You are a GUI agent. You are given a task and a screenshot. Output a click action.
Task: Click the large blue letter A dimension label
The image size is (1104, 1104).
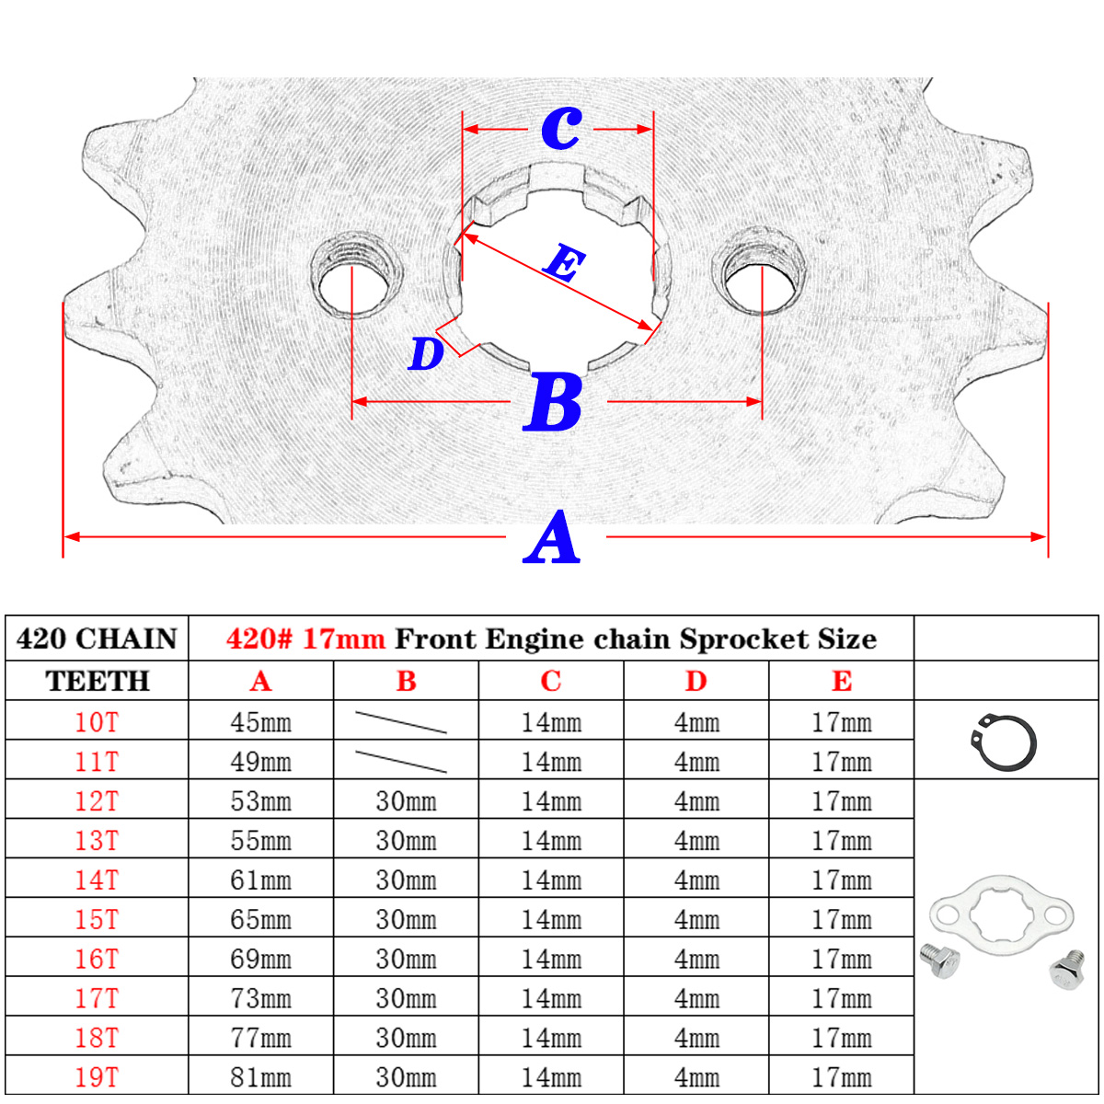[553, 539]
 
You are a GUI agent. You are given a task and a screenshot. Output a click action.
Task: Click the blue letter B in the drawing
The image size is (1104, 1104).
[554, 403]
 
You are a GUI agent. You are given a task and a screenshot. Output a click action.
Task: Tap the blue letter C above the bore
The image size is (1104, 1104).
[560, 127]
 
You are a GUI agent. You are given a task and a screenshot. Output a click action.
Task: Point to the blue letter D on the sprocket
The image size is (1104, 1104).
[426, 354]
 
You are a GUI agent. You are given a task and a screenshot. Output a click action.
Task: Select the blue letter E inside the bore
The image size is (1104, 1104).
[563, 264]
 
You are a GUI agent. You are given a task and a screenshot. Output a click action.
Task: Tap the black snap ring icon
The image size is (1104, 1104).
[1004, 742]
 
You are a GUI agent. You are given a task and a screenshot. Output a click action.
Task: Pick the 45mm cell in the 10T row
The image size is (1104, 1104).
[260, 722]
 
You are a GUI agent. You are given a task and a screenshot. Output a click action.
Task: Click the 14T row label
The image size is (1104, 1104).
[97, 880]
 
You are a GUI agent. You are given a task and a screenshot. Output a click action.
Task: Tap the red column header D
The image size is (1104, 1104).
[696, 682]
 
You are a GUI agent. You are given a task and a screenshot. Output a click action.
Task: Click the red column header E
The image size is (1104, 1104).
[841, 682]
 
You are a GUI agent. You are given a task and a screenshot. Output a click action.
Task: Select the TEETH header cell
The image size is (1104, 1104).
[97, 682]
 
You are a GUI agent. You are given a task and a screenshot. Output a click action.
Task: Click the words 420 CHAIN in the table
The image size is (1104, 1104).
[97, 639]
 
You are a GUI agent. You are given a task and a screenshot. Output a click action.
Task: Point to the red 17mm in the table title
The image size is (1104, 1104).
[343, 639]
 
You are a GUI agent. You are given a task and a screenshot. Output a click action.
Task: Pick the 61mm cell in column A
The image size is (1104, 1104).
[260, 880]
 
